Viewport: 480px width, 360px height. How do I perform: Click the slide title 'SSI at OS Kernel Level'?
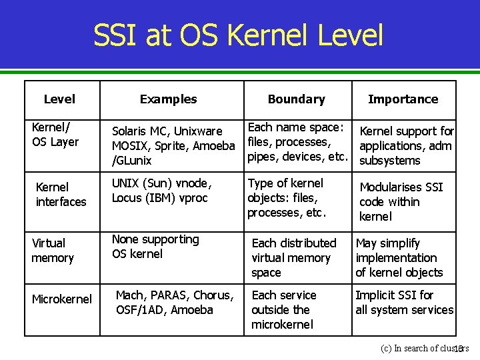(238, 35)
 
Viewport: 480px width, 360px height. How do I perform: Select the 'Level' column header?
(59, 99)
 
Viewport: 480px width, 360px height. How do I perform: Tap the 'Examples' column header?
(168, 99)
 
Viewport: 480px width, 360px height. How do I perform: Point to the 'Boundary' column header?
(296, 99)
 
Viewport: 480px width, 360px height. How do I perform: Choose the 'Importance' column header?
(403, 99)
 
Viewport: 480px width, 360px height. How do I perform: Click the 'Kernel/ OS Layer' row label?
(55, 134)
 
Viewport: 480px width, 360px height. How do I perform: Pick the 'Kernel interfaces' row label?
(61, 194)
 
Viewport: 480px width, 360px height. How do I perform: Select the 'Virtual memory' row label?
(53, 251)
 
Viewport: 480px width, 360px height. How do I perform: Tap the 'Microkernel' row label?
(62, 299)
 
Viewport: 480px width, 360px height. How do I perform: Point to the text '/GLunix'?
(131, 161)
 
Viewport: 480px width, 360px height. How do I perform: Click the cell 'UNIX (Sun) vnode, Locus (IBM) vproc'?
(162, 191)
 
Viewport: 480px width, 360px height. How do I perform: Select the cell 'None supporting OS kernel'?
(155, 247)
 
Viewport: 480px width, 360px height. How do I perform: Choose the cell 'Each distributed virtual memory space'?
(294, 258)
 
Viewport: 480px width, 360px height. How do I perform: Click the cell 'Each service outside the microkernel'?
(284, 310)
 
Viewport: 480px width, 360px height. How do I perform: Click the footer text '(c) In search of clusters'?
(424, 348)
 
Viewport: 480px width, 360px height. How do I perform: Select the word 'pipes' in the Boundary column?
(261, 157)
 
